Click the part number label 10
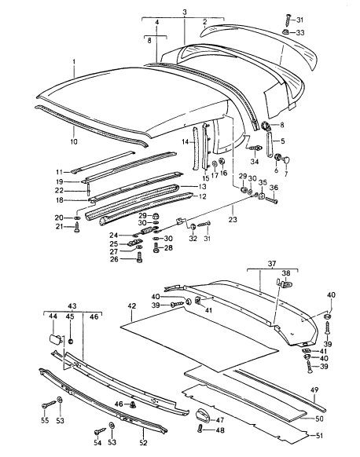(x=74, y=141)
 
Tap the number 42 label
(x=132, y=306)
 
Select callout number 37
(x=272, y=264)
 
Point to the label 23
(x=233, y=219)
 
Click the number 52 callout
(x=143, y=443)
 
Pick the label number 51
(x=319, y=436)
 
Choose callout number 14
(x=186, y=142)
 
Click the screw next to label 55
(x=49, y=404)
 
